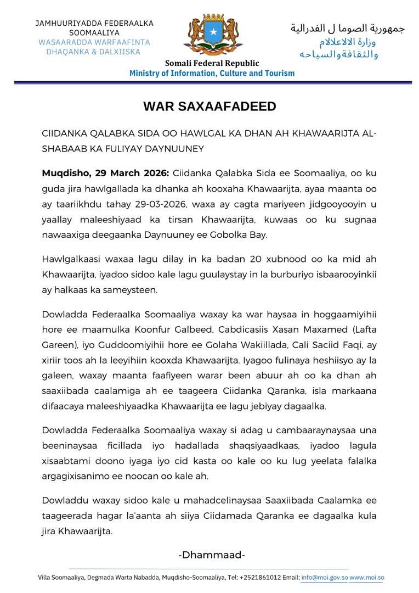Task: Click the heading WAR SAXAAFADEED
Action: (x=209, y=107)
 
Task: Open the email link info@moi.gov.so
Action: (x=324, y=578)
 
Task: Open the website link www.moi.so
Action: (x=367, y=578)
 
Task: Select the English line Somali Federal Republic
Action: (x=212, y=63)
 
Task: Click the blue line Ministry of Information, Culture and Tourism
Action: (x=212, y=73)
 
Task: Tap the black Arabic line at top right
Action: (x=347, y=28)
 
